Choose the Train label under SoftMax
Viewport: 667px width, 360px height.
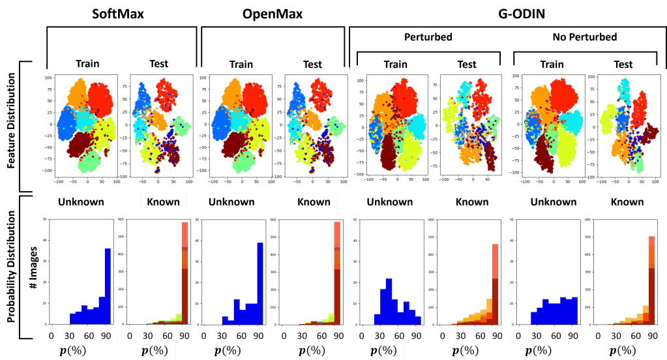coord(87,63)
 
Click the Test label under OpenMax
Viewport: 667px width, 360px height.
coord(312,64)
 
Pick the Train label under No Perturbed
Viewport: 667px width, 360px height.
coord(552,64)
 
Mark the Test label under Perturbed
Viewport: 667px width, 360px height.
coord(467,64)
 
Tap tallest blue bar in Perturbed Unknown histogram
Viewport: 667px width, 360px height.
coord(389,301)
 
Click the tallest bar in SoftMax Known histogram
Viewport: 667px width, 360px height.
coord(185,274)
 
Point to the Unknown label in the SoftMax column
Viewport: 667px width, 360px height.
coord(81,202)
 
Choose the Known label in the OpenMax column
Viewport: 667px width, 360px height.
coord(314,202)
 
